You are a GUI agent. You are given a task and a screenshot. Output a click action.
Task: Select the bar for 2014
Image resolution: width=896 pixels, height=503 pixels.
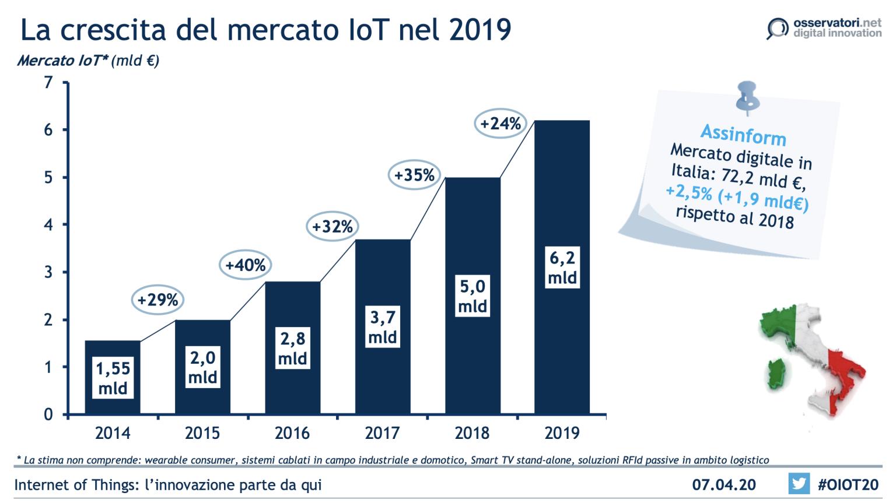(113, 350)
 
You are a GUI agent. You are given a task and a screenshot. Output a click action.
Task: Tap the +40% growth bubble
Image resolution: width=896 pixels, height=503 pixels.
(246, 265)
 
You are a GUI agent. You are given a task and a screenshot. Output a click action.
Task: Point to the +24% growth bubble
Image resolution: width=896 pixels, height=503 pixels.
(500, 124)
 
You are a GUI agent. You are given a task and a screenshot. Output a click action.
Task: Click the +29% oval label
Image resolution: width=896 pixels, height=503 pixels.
(157, 300)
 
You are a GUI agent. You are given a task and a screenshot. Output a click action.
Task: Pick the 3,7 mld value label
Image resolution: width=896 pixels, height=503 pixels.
(383, 327)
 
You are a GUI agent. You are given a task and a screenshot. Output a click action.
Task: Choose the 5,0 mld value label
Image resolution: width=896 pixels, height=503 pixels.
(473, 296)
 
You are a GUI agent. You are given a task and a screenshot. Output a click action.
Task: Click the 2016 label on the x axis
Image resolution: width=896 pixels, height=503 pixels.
(292, 433)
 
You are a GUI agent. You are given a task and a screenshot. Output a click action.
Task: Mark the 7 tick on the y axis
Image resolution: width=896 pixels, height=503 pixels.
(49, 82)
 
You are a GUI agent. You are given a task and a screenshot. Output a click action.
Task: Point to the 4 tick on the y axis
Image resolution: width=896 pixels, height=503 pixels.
(49, 224)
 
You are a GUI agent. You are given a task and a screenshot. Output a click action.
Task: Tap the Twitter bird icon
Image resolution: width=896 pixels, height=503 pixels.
(799, 484)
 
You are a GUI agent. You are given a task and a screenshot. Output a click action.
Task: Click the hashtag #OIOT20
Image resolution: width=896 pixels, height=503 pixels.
(848, 484)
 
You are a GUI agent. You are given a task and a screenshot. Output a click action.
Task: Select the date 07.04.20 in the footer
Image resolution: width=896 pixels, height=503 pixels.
(723, 484)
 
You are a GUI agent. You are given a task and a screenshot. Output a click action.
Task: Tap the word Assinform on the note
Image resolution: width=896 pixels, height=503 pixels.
(743, 135)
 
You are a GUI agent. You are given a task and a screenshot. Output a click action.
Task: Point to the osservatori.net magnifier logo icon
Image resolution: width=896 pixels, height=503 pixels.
(777, 28)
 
